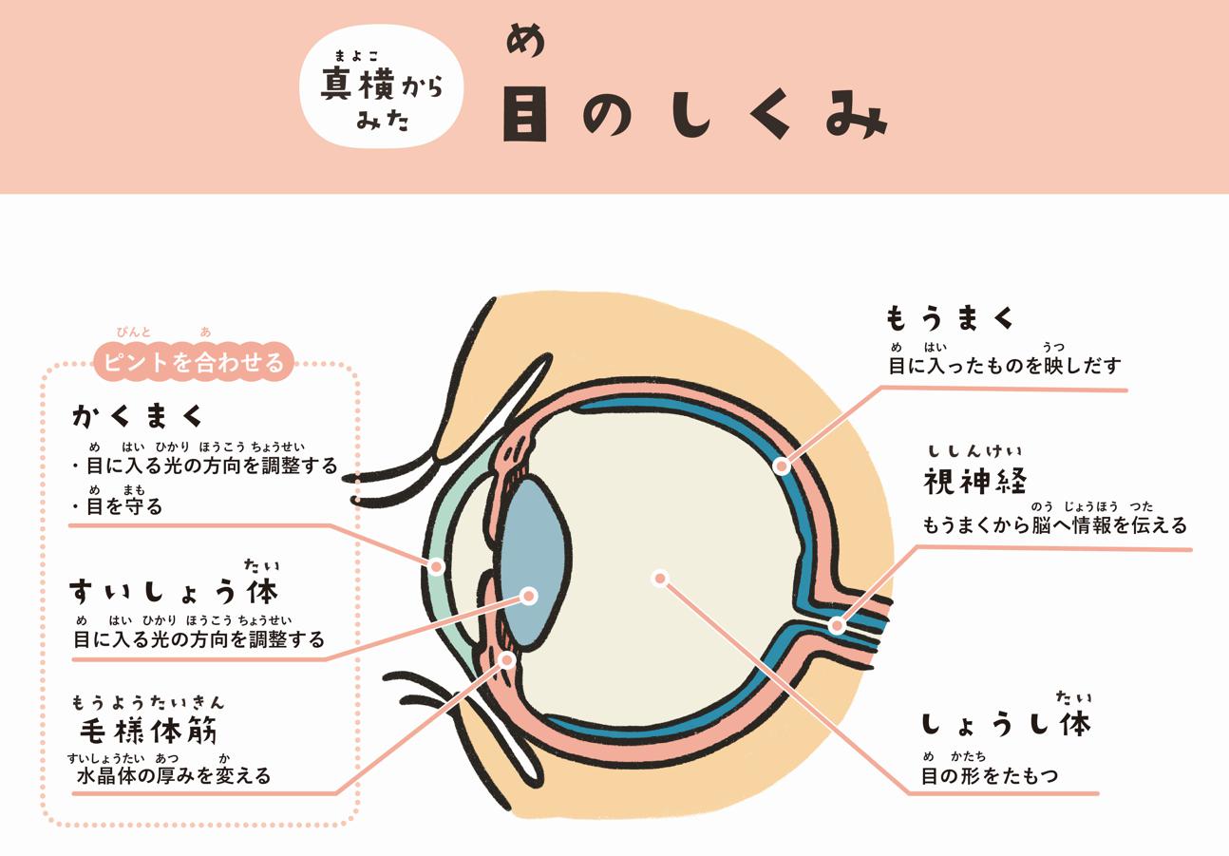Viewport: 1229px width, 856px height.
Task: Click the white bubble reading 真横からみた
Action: (x=381, y=86)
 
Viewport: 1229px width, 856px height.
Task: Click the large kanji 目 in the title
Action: (x=525, y=115)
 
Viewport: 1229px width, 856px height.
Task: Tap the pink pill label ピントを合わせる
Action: (x=194, y=362)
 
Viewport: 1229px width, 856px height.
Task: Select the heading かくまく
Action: (x=137, y=417)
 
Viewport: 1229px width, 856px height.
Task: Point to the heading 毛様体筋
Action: (x=149, y=730)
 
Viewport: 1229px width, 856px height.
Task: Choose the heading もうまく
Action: (x=950, y=318)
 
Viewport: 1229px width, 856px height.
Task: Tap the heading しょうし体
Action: (x=1006, y=724)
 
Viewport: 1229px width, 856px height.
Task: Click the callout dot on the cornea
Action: (x=436, y=565)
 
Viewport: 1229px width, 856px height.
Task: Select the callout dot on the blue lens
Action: (x=528, y=596)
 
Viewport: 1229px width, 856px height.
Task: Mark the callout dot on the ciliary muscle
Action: (x=507, y=660)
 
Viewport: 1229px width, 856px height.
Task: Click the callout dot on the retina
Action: (x=782, y=466)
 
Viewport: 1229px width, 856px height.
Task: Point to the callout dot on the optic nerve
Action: (x=837, y=625)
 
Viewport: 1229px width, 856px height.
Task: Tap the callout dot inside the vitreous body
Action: (x=661, y=578)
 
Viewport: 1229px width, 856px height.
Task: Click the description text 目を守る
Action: (x=124, y=506)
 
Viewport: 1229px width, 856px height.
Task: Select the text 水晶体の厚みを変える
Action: (x=174, y=776)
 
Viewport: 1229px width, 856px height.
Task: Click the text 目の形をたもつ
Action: (x=990, y=776)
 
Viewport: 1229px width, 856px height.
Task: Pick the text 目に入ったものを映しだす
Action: (x=1004, y=366)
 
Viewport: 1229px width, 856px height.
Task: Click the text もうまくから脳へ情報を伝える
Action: (x=1054, y=525)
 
